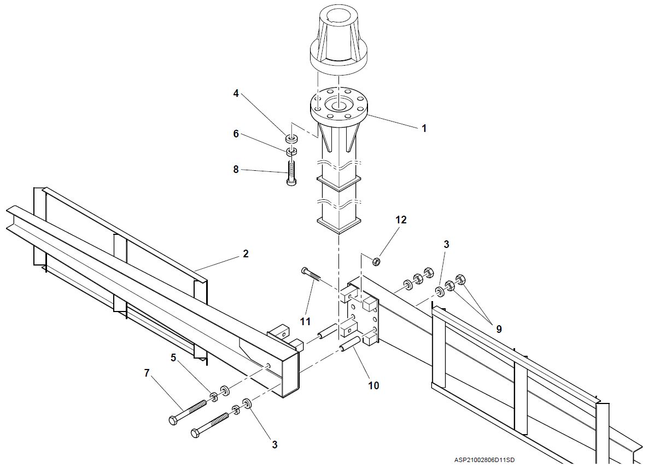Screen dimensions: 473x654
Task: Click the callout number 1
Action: point(423,128)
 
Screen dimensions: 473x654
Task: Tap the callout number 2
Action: point(246,253)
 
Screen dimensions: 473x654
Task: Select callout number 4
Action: point(236,94)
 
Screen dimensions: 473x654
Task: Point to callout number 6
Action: point(236,134)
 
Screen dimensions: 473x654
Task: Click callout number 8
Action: point(236,170)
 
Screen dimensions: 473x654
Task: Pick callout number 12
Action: point(401,220)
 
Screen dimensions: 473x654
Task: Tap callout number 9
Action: point(498,329)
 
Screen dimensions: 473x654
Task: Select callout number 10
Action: point(373,385)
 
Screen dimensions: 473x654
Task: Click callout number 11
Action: point(305,321)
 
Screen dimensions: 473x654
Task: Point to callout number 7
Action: point(146,373)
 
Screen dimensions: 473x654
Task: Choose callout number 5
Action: point(173,357)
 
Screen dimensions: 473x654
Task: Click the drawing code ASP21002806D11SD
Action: point(484,460)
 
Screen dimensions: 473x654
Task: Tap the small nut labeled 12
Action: point(377,262)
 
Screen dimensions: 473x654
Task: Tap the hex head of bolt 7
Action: point(173,420)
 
